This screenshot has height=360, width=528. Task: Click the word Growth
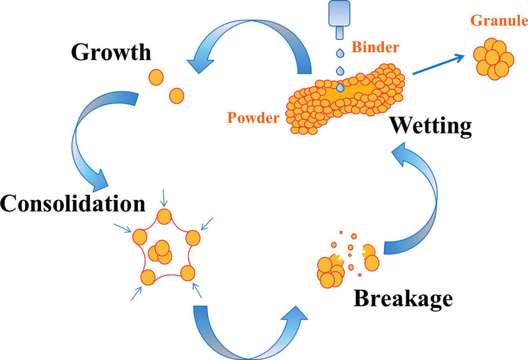tap(111, 52)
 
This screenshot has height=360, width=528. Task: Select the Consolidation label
tap(73, 203)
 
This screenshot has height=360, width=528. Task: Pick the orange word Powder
tap(253, 117)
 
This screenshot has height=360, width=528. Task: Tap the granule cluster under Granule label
tap(494, 57)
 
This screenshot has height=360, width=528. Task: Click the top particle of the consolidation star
tap(163, 217)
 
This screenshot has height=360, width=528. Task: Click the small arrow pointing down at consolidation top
tap(163, 199)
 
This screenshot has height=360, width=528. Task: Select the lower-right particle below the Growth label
tap(176, 96)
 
